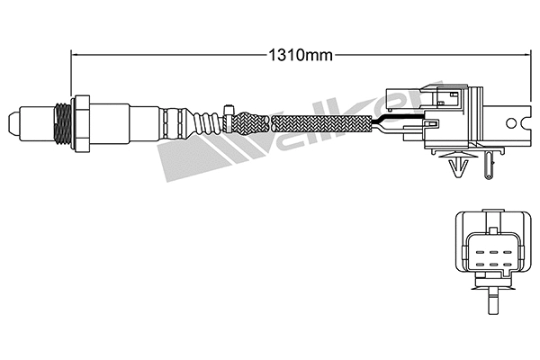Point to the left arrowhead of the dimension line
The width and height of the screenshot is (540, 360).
point(76,54)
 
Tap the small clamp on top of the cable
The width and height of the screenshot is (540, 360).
point(230,111)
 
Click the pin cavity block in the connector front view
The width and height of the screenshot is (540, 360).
point(490,249)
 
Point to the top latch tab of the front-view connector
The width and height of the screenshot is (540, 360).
point(490,214)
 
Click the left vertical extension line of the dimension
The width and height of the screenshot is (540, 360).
point(70,72)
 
